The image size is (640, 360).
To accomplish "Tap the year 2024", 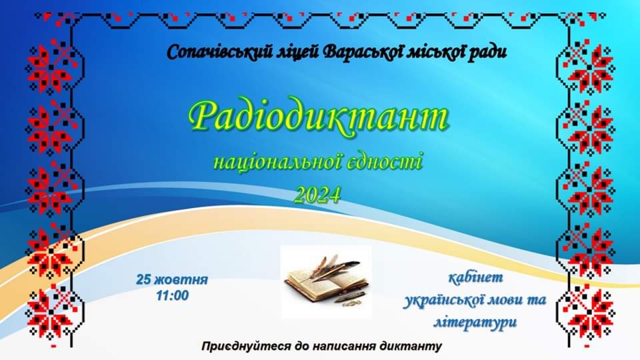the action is click(x=317, y=195).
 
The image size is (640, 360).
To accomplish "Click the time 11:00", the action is click(x=172, y=295).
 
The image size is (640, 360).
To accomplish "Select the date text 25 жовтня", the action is click(x=172, y=279).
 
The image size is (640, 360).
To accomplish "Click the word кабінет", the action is click(x=475, y=277).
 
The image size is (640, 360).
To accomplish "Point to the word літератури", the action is click(x=475, y=322).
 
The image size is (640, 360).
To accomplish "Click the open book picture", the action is click(x=326, y=281).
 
